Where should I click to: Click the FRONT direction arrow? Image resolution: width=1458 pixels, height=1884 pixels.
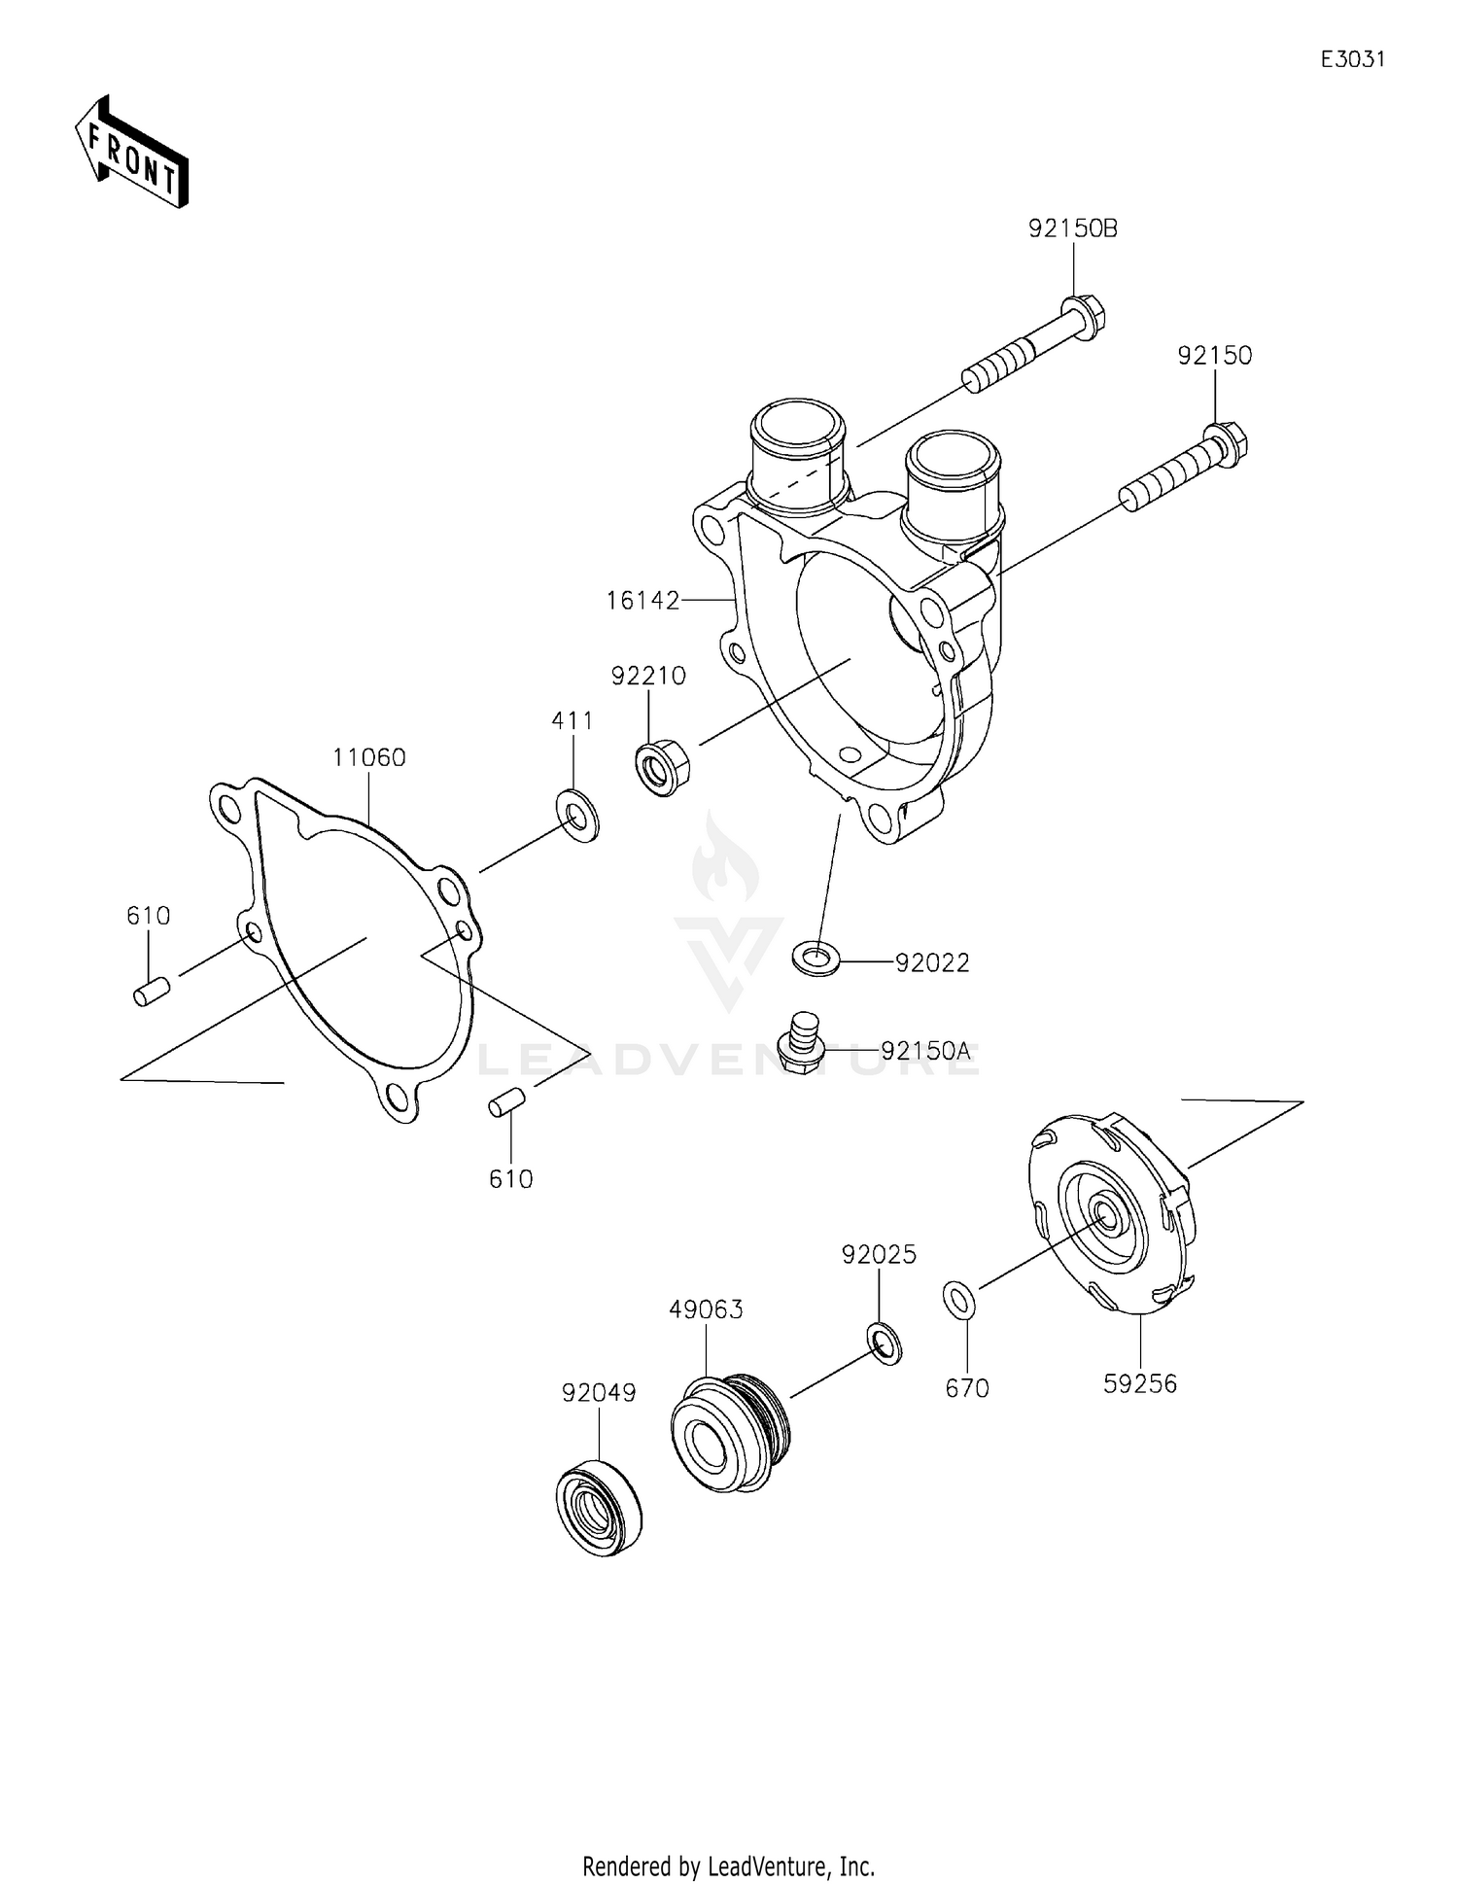131,153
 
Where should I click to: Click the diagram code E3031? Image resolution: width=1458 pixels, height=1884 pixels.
1352,59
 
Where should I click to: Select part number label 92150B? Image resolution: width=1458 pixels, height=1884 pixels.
1073,229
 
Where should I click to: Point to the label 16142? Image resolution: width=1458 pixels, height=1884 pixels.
642,601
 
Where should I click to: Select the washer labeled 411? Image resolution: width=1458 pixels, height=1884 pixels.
577,816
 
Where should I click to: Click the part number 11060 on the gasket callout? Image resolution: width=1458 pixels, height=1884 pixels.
368,757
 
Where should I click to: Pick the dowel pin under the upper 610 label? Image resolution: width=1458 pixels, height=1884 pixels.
152,993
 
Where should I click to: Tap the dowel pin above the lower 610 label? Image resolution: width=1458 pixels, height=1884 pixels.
506,1105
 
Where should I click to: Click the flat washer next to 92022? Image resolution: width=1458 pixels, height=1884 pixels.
815,958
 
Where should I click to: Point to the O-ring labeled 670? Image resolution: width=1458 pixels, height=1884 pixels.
959,1300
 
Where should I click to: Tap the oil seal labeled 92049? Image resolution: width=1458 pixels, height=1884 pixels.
598,1507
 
